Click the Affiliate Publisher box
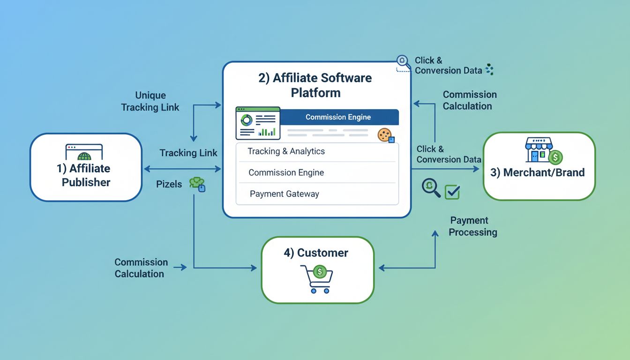click(86, 167)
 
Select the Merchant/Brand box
click(539, 166)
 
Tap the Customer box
click(317, 270)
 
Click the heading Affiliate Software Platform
click(315, 85)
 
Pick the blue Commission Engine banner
click(338, 117)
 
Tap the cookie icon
click(385, 135)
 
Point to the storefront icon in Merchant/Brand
click(539, 150)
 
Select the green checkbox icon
click(452, 191)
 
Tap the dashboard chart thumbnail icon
click(258, 123)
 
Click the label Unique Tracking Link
click(150, 101)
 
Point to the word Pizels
click(169, 184)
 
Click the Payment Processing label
click(472, 226)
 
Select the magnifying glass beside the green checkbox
click(431, 187)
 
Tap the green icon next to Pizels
click(197, 184)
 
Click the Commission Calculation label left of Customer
click(141, 268)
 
